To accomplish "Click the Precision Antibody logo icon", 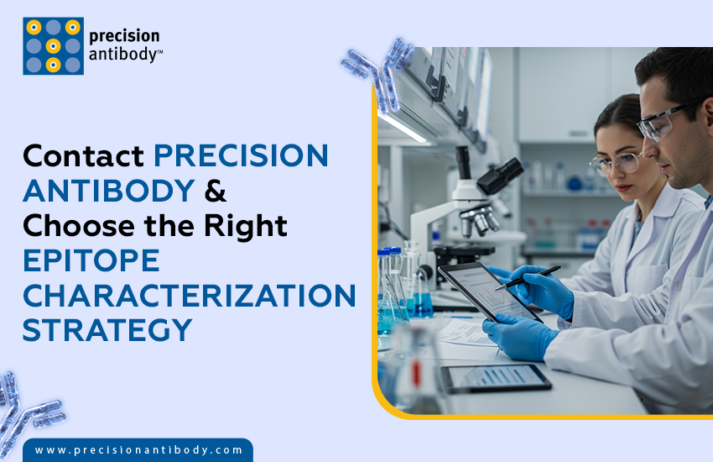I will (x=53, y=46).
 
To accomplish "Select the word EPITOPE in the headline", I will (x=91, y=261).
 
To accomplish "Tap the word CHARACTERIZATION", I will (x=189, y=296).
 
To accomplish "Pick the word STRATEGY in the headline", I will (x=107, y=330).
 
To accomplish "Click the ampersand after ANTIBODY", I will (x=216, y=191).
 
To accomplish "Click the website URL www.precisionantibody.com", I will (x=138, y=450).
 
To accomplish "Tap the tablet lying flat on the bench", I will (x=495, y=378).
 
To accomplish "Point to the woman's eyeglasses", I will (x=611, y=161).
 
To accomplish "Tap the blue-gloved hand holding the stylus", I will (x=541, y=290).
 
